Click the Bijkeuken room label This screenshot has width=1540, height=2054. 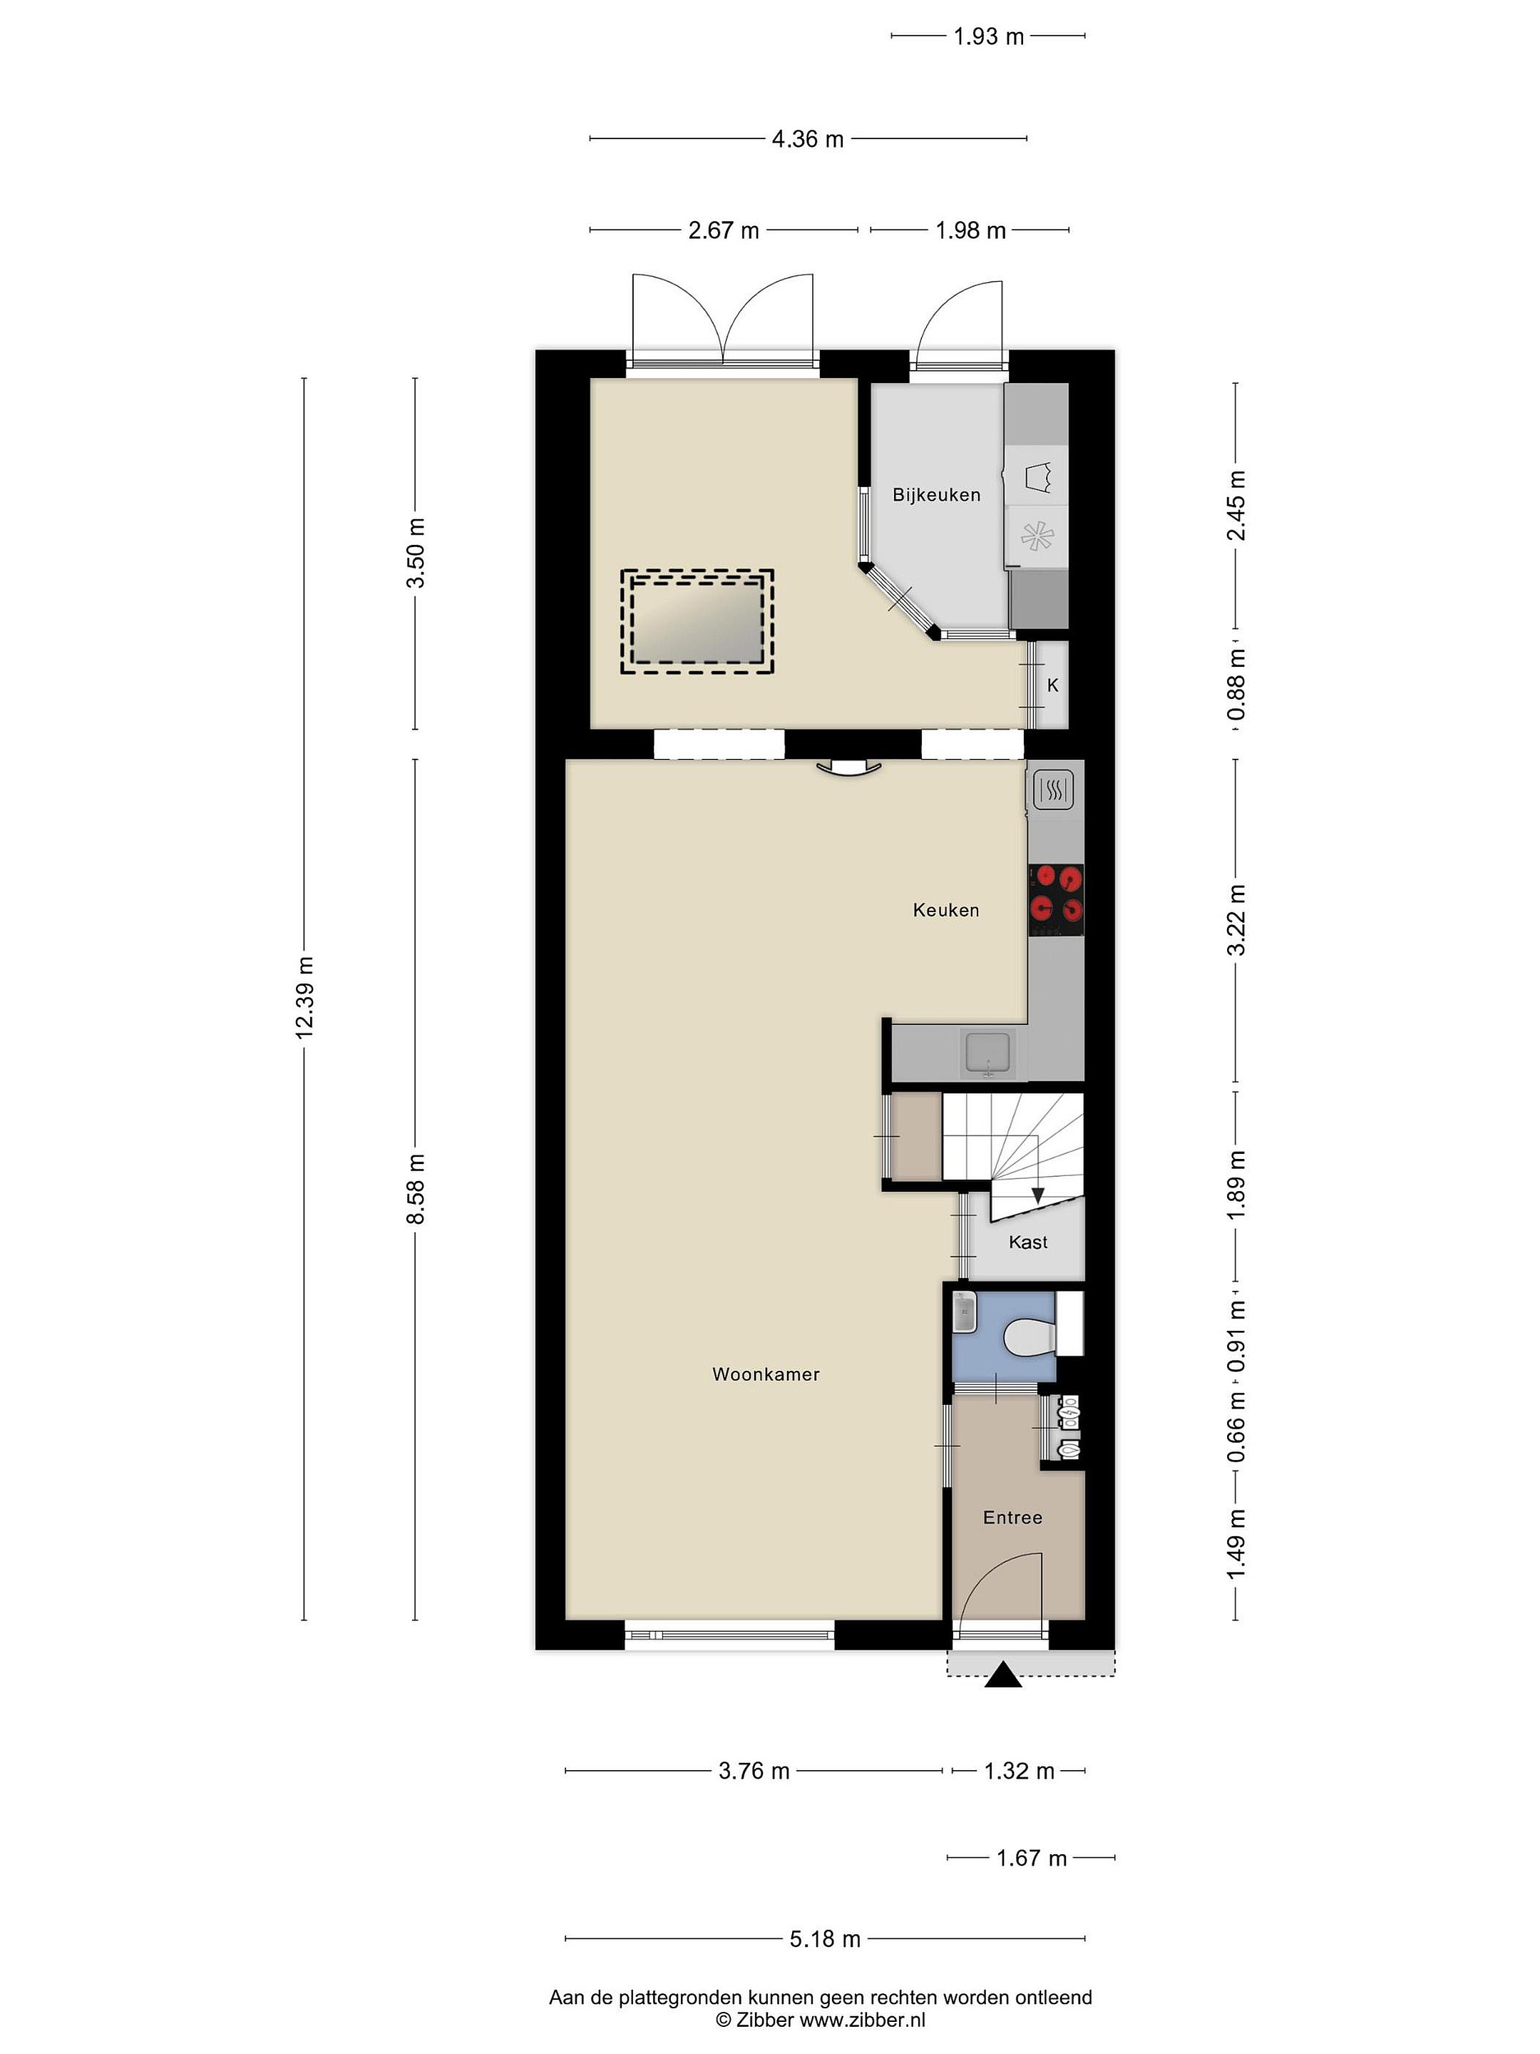point(935,495)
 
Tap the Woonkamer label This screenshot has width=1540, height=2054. point(766,1374)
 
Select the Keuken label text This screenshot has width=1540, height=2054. point(946,910)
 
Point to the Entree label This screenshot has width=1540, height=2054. point(1012,1517)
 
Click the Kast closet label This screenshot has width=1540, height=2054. point(1027,1242)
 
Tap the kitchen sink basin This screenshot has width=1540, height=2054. point(990,1053)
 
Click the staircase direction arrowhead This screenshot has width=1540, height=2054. point(1038,1197)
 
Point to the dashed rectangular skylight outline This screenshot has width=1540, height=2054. point(697,621)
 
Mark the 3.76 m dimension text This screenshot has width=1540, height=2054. point(754,1771)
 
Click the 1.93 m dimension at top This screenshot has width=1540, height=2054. point(989,36)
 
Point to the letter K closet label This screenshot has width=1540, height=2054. point(1052,685)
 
